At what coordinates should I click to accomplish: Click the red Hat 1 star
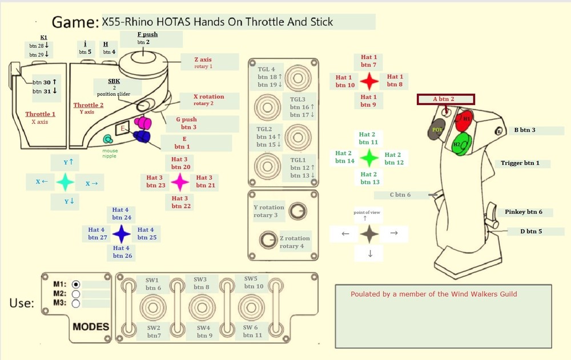(369, 82)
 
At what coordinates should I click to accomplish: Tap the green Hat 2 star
(369, 157)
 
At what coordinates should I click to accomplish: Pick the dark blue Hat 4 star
(121, 233)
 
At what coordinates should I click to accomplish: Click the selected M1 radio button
(77, 284)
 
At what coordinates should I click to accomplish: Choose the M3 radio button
(77, 304)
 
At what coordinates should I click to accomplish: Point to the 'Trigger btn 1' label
(520, 163)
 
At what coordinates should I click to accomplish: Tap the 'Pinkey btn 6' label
(523, 212)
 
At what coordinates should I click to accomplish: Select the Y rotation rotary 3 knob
(296, 211)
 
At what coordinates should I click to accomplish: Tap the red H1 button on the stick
(465, 119)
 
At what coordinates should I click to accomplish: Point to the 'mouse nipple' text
(110, 153)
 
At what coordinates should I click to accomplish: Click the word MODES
(91, 327)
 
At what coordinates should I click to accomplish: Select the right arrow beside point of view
(393, 233)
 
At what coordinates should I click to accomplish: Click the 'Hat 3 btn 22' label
(180, 203)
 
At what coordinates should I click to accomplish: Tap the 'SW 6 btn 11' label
(252, 331)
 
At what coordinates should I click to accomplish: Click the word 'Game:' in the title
(75, 23)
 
